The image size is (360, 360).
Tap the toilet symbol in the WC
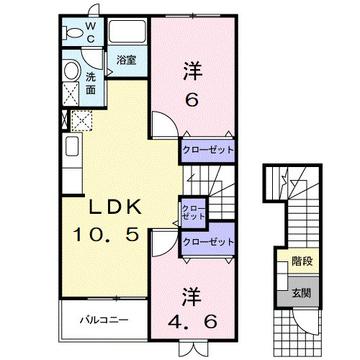pos(73,32)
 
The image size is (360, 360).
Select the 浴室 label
pos(126,60)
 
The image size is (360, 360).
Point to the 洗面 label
pos(91,84)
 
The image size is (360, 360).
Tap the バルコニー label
pos(104,318)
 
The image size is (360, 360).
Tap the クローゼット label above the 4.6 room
pos(208,241)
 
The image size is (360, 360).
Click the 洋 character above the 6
pos(191,72)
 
